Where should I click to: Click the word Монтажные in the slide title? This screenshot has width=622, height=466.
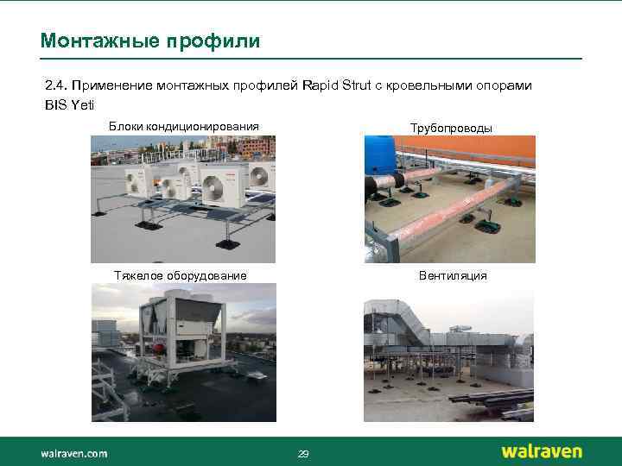point(92,41)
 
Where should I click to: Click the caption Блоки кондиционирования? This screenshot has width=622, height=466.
point(183,127)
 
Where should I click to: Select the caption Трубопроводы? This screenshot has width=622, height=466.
point(451,128)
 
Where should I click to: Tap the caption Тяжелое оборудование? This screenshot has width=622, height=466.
point(181,275)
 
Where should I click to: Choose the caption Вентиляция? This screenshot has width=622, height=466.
point(452,275)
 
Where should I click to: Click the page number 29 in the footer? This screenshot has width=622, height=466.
point(302,454)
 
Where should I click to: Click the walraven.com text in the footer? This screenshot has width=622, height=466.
point(73,452)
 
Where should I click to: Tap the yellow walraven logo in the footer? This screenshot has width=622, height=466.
point(542,451)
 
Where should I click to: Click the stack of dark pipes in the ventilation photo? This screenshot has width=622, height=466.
point(492,398)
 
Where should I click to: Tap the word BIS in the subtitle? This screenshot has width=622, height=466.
point(54,104)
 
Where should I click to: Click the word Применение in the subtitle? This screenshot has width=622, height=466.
point(113,85)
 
